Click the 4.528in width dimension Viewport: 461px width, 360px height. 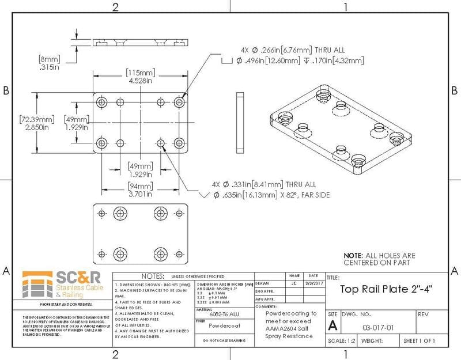[x=140, y=81]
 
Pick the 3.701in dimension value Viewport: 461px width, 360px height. [x=141, y=195]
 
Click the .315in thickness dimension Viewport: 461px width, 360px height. [x=49, y=67]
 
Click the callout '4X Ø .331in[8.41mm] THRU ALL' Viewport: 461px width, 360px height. [x=264, y=185]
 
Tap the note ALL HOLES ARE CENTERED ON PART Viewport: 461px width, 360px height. [x=379, y=259]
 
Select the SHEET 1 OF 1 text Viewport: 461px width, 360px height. [x=419, y=340]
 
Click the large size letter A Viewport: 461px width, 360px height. [x=332, y=326]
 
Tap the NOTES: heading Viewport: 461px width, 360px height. [x=153, y=276]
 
